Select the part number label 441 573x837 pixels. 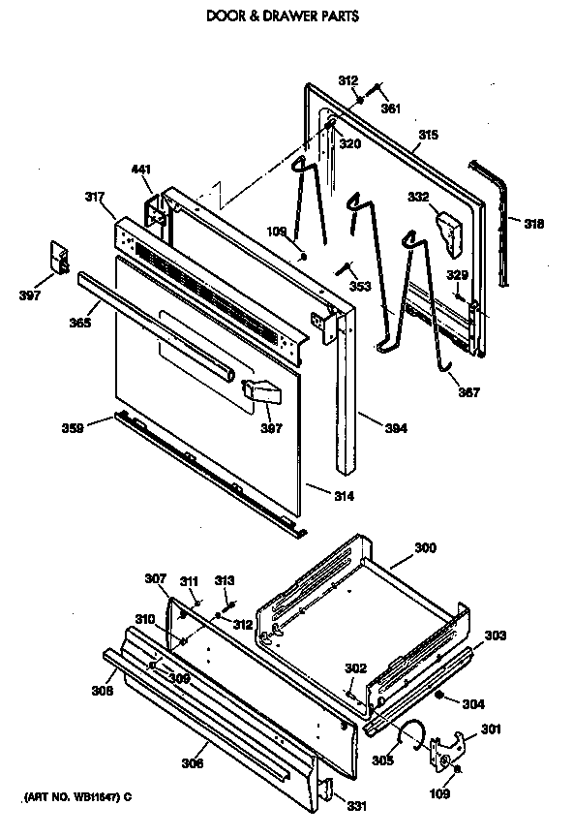pyautogui.click(x=141, y=170)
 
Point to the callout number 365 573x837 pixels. pyautogui.click(x=79, y=322)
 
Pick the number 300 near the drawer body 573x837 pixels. pyautogui.click(x=426, y=548)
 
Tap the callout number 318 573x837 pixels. pyautogui.click(x=533, y=224)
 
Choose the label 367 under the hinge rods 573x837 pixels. pyautogui.click(x=467, y=393)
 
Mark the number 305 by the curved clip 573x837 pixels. pyautogui.click(x=383, y=760)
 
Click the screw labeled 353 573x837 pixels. pyautogui.click(x=344, y=268)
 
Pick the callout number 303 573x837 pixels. pyautogui.click(x=495, y=635)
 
